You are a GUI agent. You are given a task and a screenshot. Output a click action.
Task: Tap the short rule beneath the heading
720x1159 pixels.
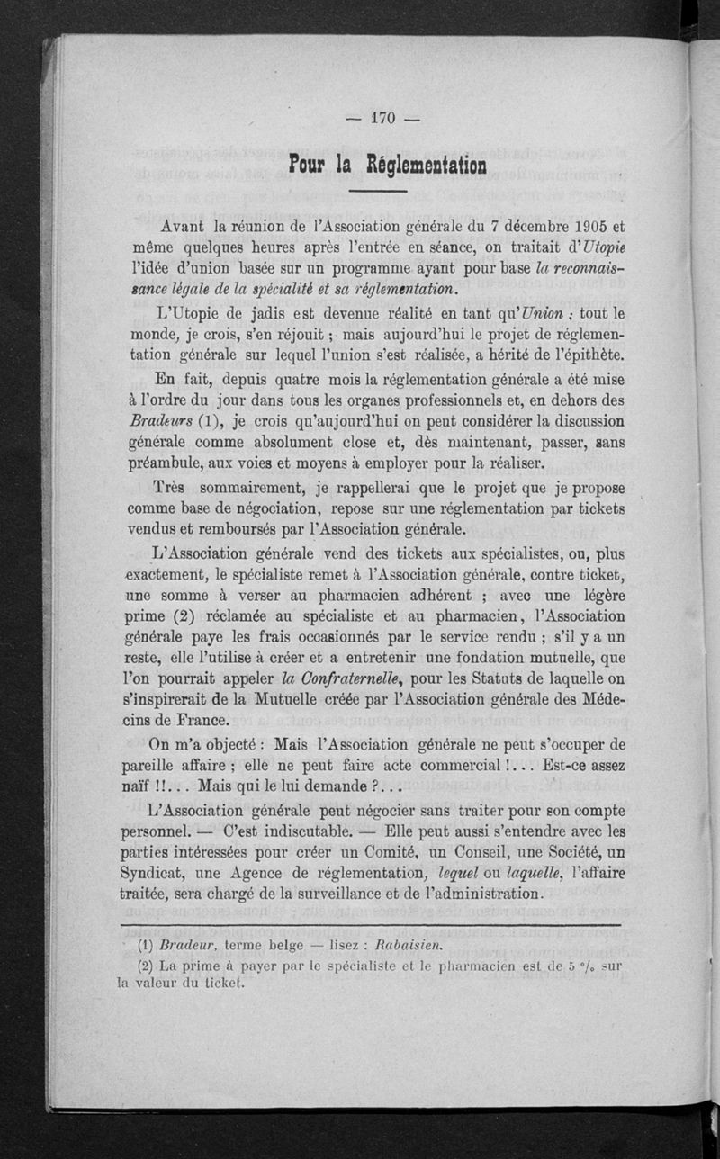point(377,192)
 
